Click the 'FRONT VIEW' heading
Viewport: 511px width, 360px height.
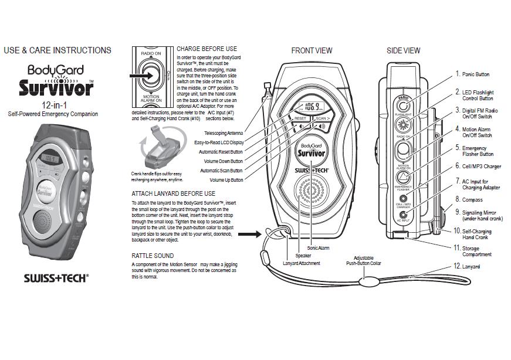coord(312,51)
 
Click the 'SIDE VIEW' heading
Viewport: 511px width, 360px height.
coord(403,51)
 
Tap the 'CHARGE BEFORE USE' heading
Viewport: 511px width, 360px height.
coord(207,49)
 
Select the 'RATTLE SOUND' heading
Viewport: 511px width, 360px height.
coord(153,256)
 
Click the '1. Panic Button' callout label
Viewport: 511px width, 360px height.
coord(472,74)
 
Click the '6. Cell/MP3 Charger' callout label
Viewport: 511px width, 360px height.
coord(478,167)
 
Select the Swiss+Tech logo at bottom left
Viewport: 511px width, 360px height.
coord(56,277)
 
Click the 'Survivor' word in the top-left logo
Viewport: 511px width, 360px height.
coord(56,89)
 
